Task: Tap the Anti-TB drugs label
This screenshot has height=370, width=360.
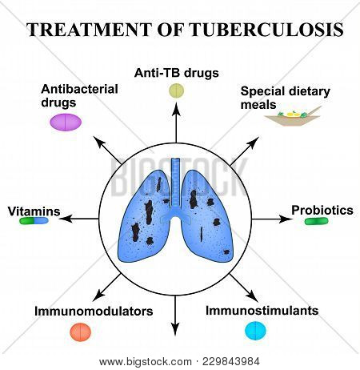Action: point(176,73)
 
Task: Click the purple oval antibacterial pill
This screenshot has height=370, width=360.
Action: point(66,122)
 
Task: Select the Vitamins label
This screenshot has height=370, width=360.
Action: point(34,211)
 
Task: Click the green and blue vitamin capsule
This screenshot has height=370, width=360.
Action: point(34,220)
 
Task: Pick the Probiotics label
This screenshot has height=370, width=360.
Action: point(322,210)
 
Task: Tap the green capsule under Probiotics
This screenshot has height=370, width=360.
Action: point(317,220)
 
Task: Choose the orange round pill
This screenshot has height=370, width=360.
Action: point(81,331)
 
